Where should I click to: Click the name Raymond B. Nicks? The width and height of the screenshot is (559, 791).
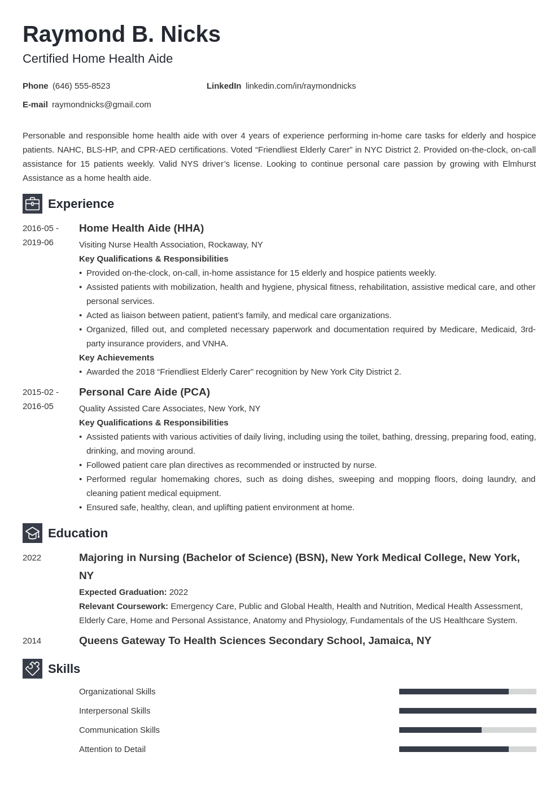121,34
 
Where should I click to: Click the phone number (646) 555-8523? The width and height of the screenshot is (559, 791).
81,86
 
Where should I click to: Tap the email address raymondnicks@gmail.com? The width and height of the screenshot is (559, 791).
102,105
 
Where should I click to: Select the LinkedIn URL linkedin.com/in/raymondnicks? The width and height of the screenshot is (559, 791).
300,86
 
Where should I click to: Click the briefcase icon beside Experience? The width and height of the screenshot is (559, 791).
32,204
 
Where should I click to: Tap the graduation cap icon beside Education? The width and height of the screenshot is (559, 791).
32,533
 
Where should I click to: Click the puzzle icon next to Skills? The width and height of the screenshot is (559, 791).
32,669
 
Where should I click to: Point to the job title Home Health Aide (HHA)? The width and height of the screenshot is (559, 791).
141,228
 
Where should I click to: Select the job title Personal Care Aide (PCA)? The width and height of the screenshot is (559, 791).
145,392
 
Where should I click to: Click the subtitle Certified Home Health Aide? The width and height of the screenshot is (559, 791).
98,59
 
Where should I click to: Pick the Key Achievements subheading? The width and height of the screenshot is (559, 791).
116,358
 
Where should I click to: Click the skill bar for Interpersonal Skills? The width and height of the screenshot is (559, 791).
468,711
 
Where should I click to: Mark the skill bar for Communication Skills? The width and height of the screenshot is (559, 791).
468,730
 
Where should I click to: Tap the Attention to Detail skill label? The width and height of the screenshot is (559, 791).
112,749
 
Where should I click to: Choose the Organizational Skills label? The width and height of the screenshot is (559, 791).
117,692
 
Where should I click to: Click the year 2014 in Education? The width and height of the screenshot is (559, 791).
32,641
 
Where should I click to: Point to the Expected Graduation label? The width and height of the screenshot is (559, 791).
123,592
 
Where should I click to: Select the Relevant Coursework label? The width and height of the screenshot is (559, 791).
124,606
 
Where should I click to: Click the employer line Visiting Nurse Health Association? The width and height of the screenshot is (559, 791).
171,245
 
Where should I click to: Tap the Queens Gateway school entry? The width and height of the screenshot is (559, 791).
255,641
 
